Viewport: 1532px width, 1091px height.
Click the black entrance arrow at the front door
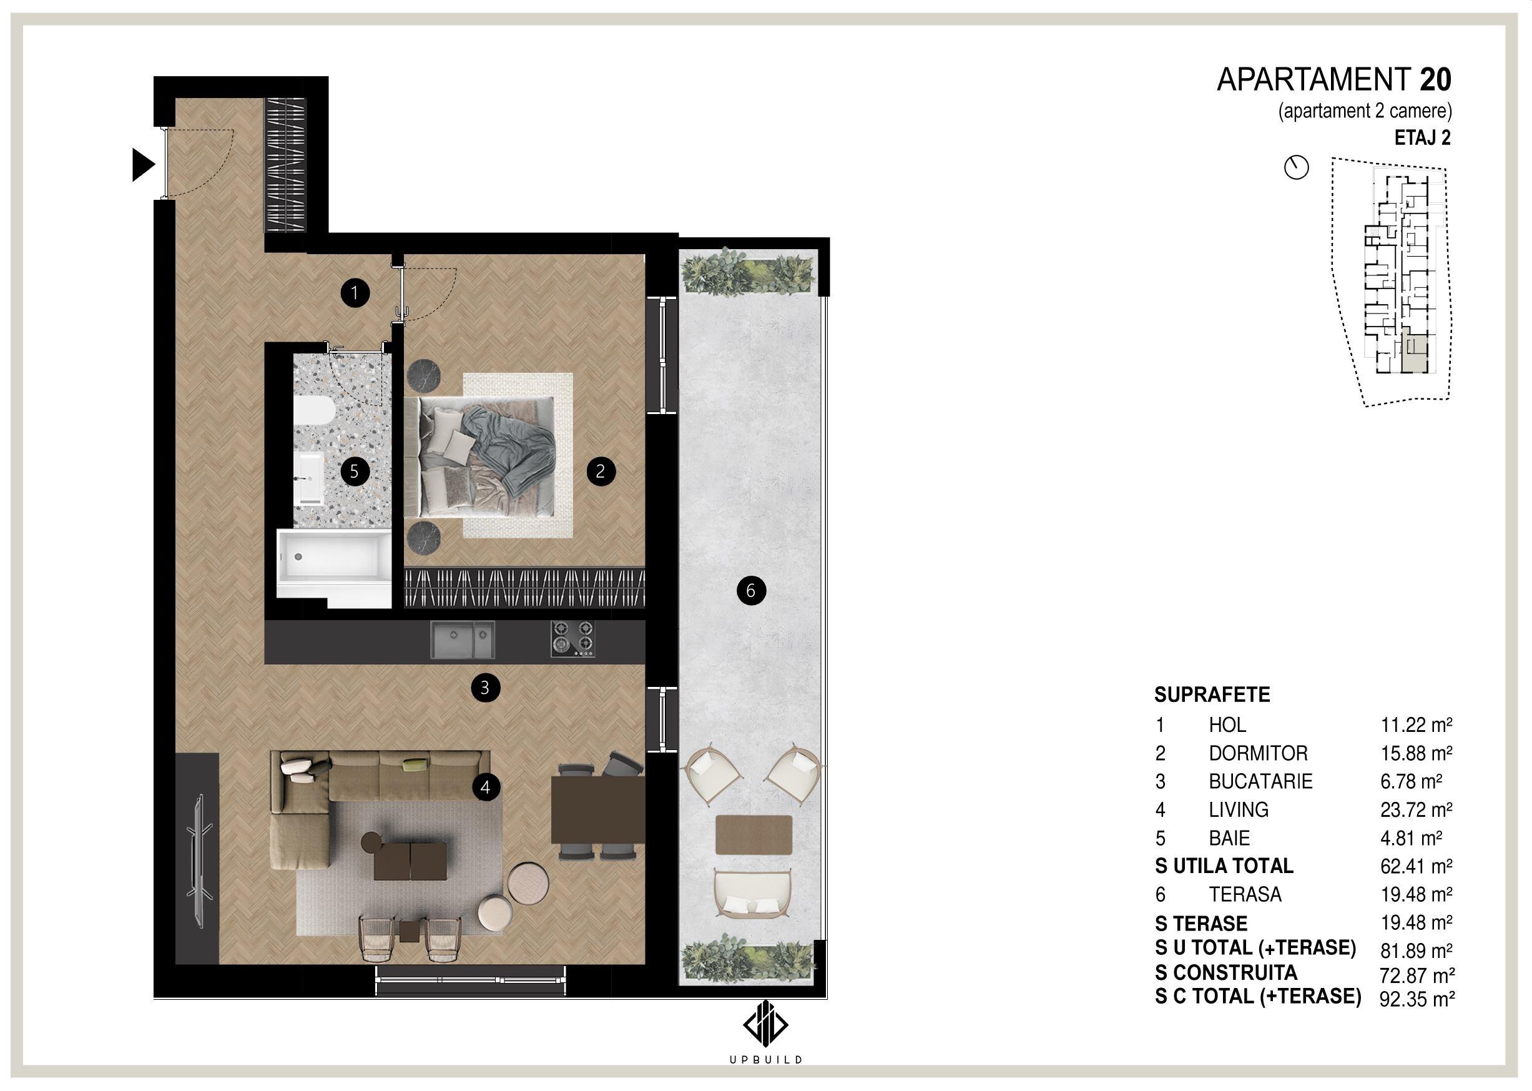coord(142,165)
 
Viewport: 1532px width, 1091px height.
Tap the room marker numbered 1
coord(355,293)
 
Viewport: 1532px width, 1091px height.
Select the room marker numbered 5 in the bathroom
coord(354,471)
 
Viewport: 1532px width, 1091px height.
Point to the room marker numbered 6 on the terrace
coord(751,591)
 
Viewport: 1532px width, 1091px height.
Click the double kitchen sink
coord(461,640)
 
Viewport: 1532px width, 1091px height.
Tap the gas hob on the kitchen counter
coord(573,638)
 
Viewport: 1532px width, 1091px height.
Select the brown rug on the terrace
coord(754,834)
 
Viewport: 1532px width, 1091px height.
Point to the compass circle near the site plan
coord(1296,167)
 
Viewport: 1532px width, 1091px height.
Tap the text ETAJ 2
coord(1423,138)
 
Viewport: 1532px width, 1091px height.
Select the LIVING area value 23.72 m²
coord(1417,809)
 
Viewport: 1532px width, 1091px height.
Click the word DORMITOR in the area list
coord(1258,753)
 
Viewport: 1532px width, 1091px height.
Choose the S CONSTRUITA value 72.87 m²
coord(1417,975)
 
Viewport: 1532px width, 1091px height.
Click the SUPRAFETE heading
coord(1212,694)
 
